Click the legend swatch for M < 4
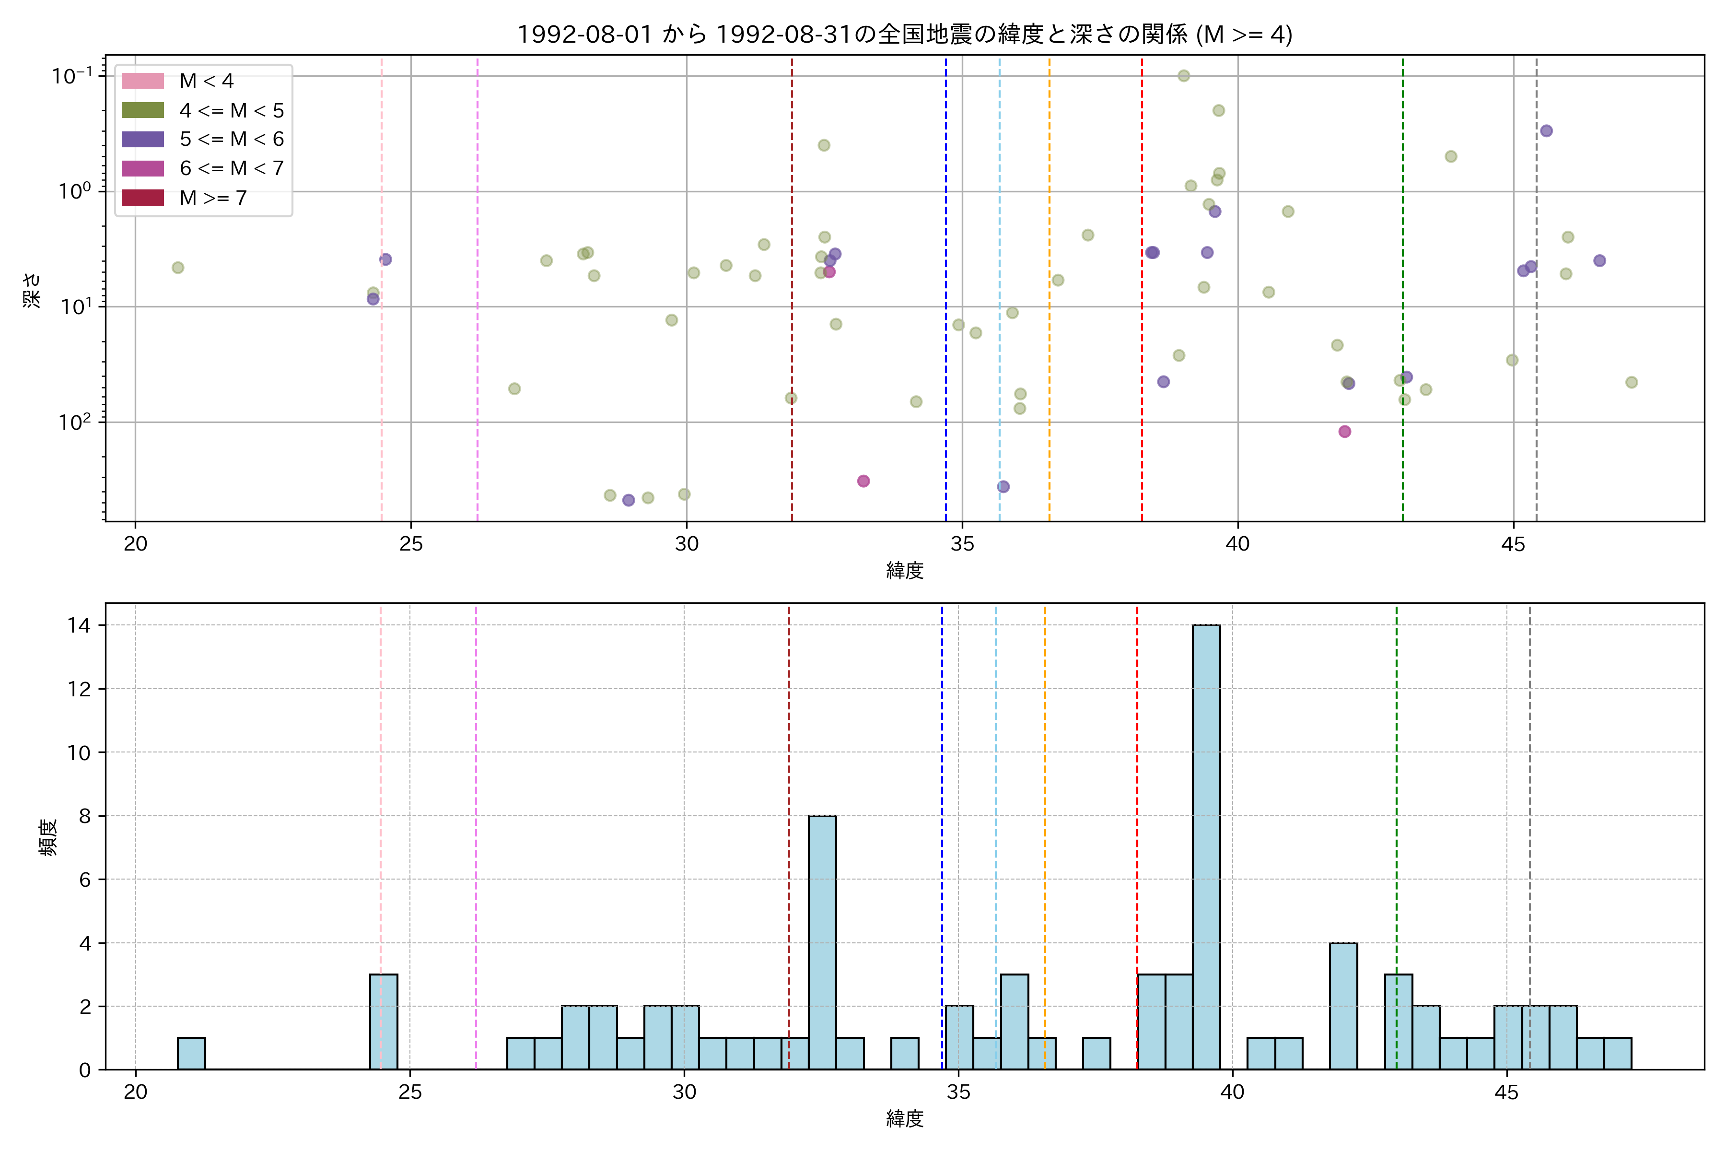coord(143,81)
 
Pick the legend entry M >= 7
coord(213,198)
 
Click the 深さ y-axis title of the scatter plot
coord(32,290)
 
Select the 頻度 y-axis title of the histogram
coord(48,837)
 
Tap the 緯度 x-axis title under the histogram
coord(904,1119)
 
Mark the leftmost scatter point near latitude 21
coord(177,268)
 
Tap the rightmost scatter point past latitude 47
coord(1632,382)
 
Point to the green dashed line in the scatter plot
coord(1402,294)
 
